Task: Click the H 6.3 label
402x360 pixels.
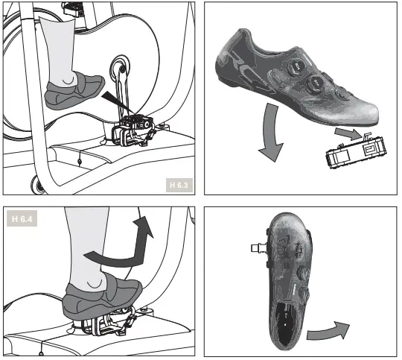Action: pyautogui.click(x=179, y=184)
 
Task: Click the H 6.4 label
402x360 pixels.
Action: pyautogui.click(x=23, y=219)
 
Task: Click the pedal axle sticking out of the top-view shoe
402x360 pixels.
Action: pyautogui.click(x=256, y=246)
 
